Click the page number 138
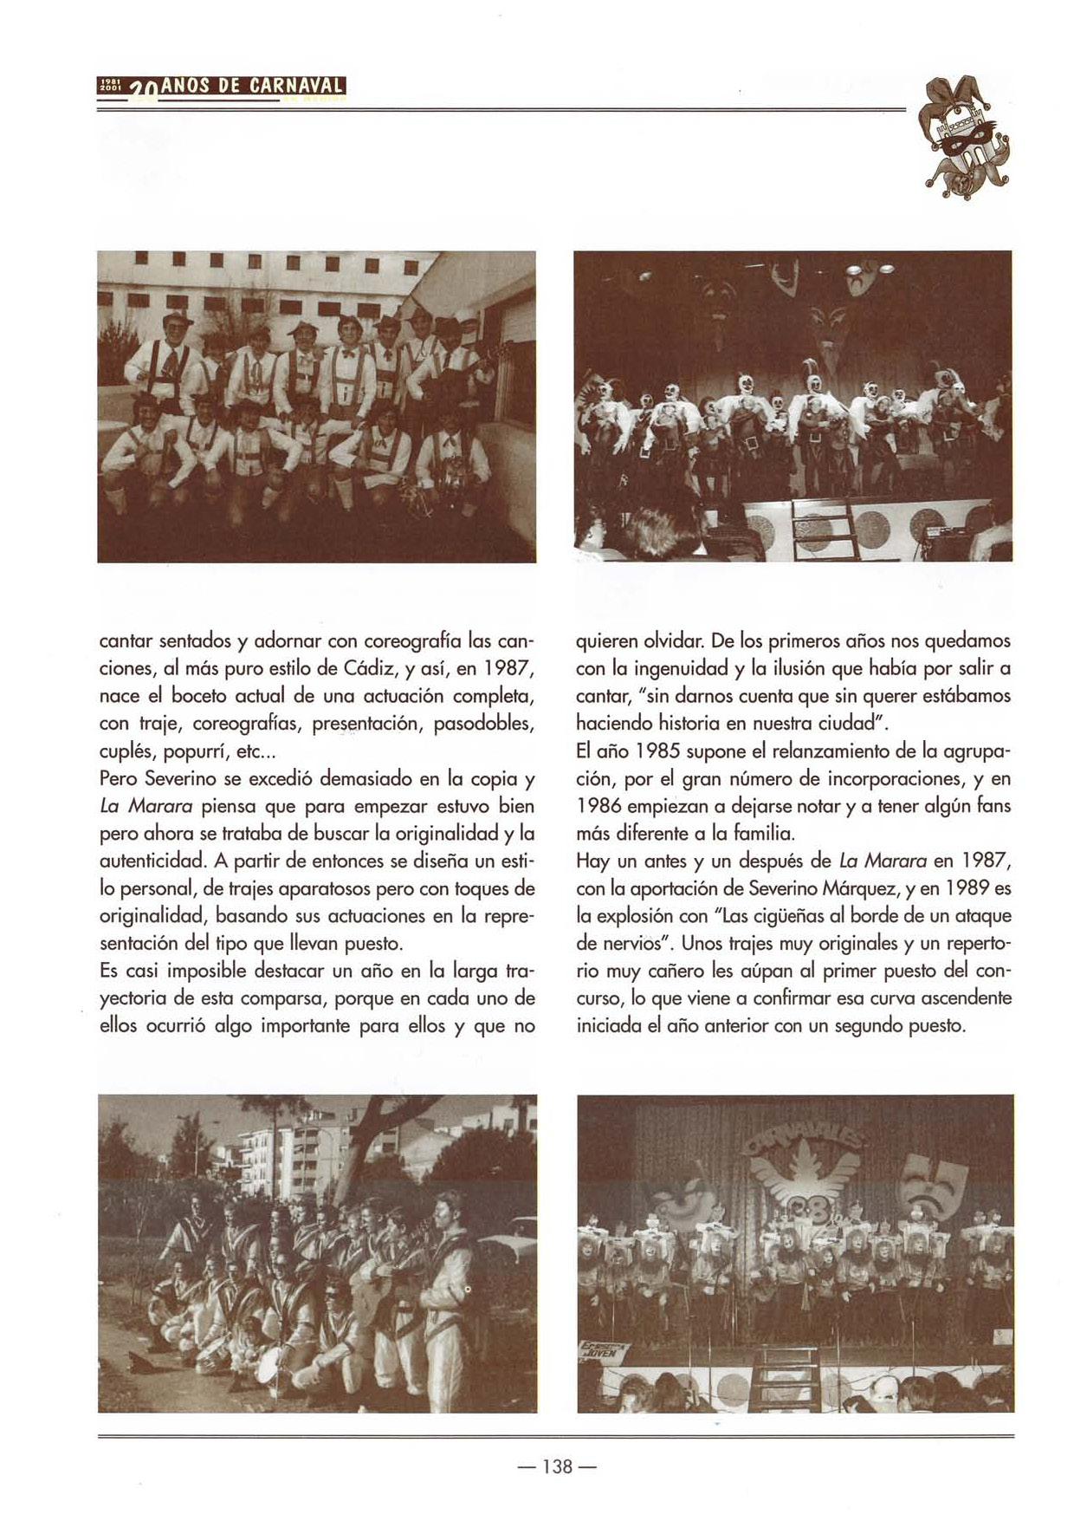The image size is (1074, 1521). point(557,1466)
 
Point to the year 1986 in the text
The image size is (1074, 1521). point(599,806)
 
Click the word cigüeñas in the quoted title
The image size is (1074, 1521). point(786,916)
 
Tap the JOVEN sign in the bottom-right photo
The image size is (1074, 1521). point(605,1350)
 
